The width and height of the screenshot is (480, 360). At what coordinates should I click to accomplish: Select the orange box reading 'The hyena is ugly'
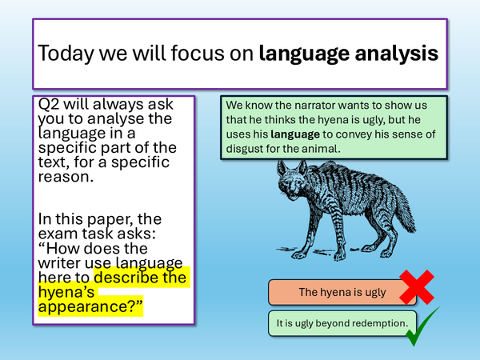(342, 292)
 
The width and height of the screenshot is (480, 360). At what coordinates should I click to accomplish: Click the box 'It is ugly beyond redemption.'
(342, 324)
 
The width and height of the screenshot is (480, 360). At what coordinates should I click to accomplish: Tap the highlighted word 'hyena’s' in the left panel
(67, 293)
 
